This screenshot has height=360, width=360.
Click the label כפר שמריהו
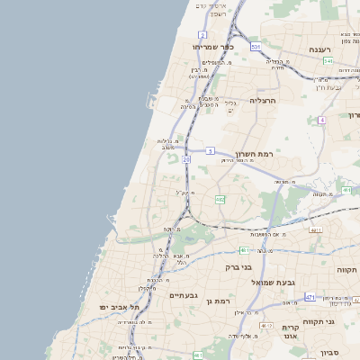point(212,47)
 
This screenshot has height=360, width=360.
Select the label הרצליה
point(266,101)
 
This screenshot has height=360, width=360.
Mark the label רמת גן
point(220,301)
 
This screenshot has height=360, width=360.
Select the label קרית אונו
point(290,332)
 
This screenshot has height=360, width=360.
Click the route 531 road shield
point(256,46)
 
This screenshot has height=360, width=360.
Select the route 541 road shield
point(328,61)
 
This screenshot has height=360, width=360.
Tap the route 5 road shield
point(210,150)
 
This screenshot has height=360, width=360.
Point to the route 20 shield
point(185,159)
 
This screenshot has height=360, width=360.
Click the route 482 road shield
point(220,200)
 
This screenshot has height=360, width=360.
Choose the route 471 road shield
point(310,297)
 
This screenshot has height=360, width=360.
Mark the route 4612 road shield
point(265,325)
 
